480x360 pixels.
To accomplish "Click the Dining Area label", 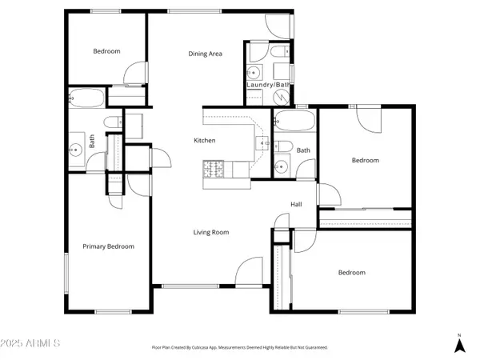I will pyautogui.click(x=205, y=54).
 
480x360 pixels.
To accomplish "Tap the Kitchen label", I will pyautogui.click(x=205, y=141).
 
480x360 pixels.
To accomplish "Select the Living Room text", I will pyautogui.click(x=211, y=233).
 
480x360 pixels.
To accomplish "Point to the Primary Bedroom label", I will pyautogui.click(x=109, y=246).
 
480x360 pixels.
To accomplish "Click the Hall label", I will pyautogui.click(x=296, y=205).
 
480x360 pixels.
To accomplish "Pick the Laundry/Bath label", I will pyautogui.click(x=268, y=85).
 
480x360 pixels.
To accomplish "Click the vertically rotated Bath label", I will pyautogui.click(x=92, y=142).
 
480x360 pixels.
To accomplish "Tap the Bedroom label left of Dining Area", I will pyautogui.click(x=106, y=51).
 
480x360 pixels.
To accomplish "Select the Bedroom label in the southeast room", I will pyautogui.click(x=351, y=273).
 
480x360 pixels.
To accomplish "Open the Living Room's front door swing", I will pyautogui.click(x=250, y=271).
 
